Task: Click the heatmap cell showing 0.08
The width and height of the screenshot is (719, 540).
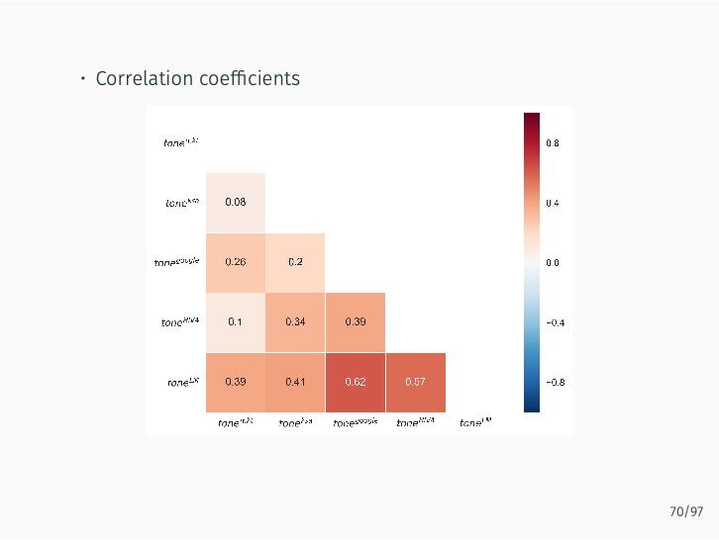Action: tap(236, 203)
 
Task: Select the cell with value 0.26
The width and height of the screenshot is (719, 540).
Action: tap(236, 262)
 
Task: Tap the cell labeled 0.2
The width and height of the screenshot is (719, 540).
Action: tap(295, 262)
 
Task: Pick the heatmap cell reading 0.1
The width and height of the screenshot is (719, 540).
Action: tap(236, 322)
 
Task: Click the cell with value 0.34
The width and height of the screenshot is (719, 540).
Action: tap(295, 322)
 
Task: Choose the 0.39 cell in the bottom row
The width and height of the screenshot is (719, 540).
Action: tap(236, 382)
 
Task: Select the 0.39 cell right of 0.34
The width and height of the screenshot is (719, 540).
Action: tap(356, 322)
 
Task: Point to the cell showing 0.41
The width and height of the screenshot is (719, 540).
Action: tap(295, 382)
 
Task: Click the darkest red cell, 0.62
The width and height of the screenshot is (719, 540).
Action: tap(356, 382)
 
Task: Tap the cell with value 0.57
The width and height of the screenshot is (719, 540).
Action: tap(416, 382)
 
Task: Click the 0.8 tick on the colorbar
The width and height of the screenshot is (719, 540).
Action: tap(553, 142)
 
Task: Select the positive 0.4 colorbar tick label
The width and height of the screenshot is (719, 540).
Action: tap(553, 203)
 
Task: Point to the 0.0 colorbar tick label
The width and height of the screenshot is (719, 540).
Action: tap(553, 263)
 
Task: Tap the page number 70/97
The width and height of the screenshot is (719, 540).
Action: tap(686, 511)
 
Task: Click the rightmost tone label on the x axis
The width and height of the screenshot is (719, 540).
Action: tap(475, 423)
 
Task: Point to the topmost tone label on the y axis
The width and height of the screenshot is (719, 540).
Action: tap(180, 142)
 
